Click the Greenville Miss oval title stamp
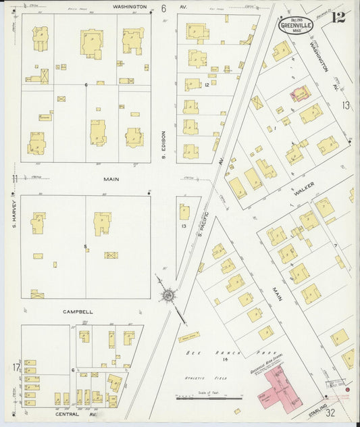click(x=295, y=26)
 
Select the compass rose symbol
click(x=168, y=295)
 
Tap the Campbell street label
click(x=78, y=312)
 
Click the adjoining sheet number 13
click(x=346, y=105)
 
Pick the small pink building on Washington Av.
click(x=300, y=93)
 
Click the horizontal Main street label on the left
click(x=111, y=180)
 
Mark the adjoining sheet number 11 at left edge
click(x=14, y=178)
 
